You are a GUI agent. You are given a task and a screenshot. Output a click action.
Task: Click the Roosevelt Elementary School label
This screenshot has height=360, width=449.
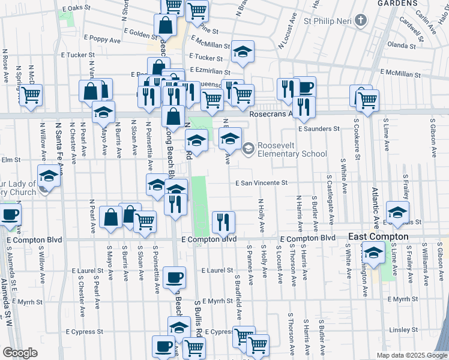[x=292, y=149]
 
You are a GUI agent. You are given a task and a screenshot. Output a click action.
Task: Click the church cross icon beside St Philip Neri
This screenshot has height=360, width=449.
[x=360, y=22]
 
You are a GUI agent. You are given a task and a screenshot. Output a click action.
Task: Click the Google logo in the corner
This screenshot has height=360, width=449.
[x=20, y=353]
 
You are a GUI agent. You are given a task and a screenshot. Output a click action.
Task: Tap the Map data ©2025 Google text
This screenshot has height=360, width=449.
[x=411, y=355]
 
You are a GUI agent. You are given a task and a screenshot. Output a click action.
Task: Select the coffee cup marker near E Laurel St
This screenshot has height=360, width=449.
[x=174, y=277]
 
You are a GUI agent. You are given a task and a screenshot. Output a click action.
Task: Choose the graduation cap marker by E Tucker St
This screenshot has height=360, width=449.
[x=243, y=52]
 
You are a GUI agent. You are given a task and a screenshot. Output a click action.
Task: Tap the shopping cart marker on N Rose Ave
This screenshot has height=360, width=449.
[x=31, y=95]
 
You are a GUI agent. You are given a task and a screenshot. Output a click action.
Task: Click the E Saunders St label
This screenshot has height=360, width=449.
[x=318, y=128]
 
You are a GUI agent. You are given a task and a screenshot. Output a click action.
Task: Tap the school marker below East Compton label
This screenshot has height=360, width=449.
[x=373, y=253]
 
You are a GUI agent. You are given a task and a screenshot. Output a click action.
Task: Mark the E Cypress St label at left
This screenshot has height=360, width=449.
[x=85, y=331]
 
